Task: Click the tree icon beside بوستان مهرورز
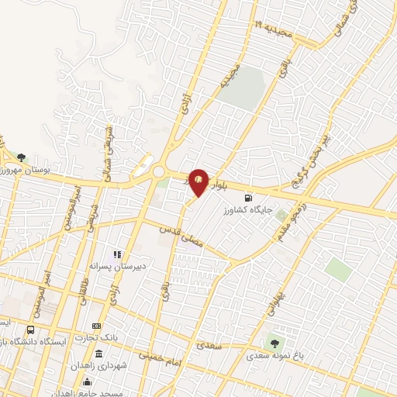[x=21, y=158]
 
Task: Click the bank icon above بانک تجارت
[x=97, y=326]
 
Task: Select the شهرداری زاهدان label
[x=97, y=364]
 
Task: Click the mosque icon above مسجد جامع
[x=87, y=381]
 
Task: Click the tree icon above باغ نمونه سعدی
[x=272, y=343]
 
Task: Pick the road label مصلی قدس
[x=181, y=239]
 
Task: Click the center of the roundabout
[x=161, y=172]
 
